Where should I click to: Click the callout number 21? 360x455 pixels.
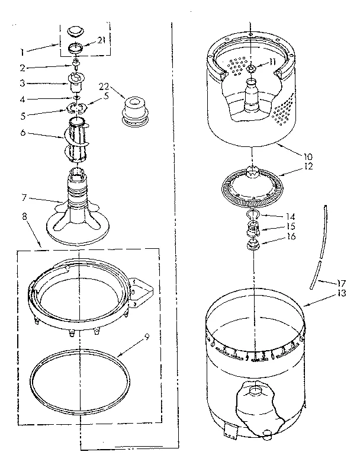pyautogui.click(x=101, y=40)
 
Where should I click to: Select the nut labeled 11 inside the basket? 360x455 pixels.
pyautogui.click(x=252, y=71)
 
